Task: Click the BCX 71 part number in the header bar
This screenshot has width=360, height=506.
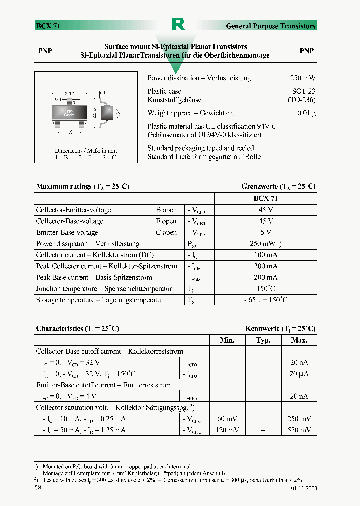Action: point(48,26)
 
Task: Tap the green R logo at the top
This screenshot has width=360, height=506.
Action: point(178,24)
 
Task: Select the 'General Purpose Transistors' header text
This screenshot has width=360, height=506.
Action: point(271,26)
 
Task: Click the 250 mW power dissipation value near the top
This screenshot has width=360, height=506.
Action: point(303,78)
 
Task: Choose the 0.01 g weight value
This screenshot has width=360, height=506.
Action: point(306,113)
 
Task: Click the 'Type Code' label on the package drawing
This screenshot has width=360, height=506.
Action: point(69,113)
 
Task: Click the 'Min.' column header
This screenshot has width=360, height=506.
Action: point(227,340)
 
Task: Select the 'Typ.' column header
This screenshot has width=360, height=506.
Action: point(263,340)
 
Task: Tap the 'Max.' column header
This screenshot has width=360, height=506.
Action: point(299,340)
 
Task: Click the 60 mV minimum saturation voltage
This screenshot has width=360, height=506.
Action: point(227,419)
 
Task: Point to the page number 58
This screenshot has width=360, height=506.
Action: point(38,488)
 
